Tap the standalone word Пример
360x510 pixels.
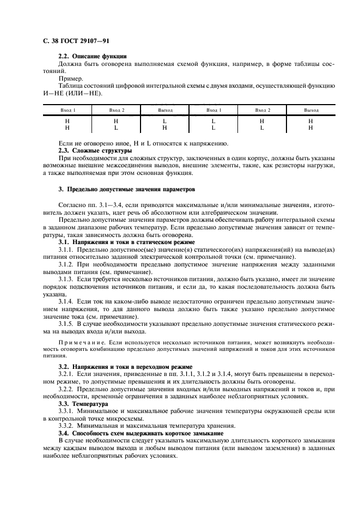[70, 78]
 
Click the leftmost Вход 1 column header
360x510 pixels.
[67, 110]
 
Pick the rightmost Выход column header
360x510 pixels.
[310, 110]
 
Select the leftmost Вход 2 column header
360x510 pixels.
[115, 110]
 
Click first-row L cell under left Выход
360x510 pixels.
[164, 121]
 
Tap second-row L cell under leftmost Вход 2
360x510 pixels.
[115, 128]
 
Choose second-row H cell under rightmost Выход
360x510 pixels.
[310, 128]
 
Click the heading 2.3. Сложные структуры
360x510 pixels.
[95, 150]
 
